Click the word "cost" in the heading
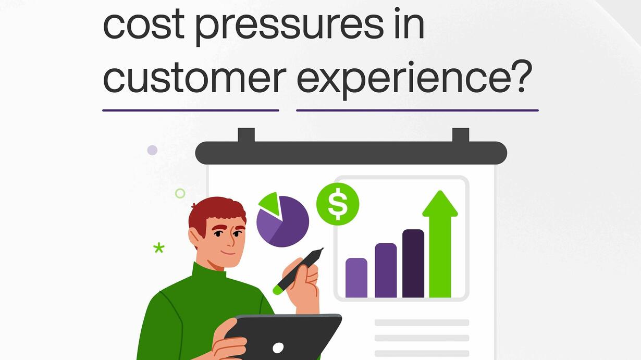(143, 24)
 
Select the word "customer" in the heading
(194, 77)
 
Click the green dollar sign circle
(338, 204)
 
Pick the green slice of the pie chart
(270, 203)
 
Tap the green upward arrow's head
(440, 204)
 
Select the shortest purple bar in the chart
(356, 278)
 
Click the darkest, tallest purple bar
(413, 263)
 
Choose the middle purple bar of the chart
(386, 270)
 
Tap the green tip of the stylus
(277, 290)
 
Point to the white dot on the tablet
(278, 348)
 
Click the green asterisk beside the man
(159, 248)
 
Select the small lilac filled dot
(152, 150)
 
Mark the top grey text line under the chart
(422, 322)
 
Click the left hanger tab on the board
(246, 135)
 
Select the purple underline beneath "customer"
(191, 110)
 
